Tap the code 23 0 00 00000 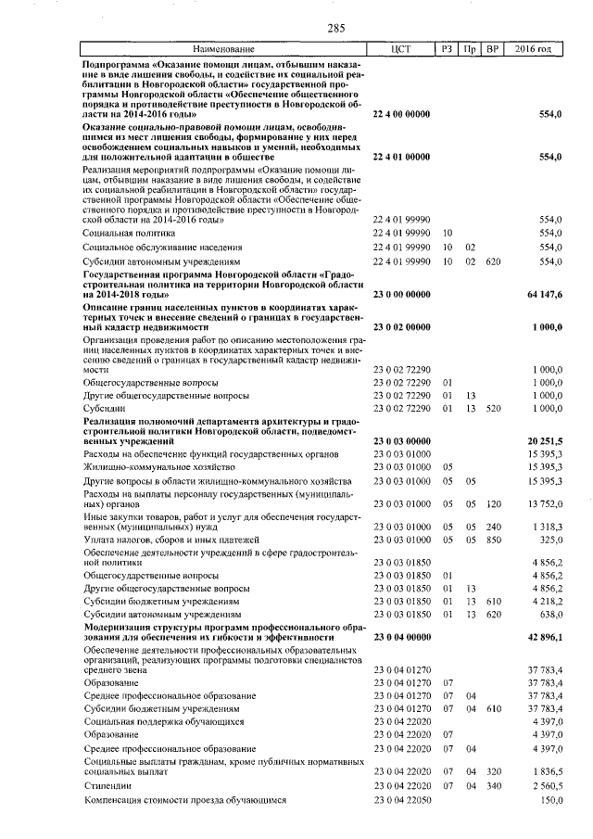(x=400, y=294)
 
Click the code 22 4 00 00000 (x=400, y=114)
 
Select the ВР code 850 (x=492, y=539)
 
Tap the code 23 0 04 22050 (x=400, y=799)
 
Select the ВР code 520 (x=492, y=408)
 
